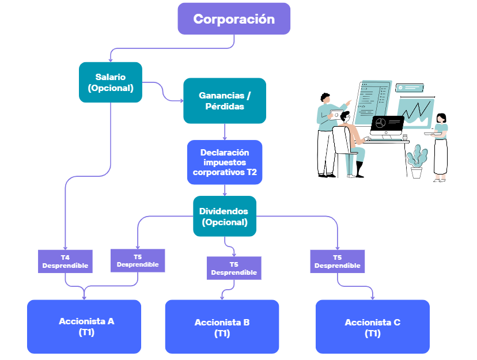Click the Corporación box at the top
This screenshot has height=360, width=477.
pyautogui.click(x=234, y=19)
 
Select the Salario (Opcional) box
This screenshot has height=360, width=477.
pyautogui.click(x=111, y=82)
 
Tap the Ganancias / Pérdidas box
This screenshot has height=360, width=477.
pyautogui.click(x=225, y=101)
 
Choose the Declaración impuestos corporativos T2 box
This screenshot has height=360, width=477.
pyautogui.click(x=225, y=162)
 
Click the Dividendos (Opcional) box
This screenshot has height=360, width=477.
pyautogui.click(x=225, y=216)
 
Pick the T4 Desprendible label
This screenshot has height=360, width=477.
pyautogui.click(x=65, y=262)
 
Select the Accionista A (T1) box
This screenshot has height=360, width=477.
pyautogui.click(x=84, y=327)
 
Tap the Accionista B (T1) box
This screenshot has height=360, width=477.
pyautogui.click(x=222, y=327)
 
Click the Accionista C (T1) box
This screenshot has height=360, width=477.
pyautogui.click(x=373, y=327)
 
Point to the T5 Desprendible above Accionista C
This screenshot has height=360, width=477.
pyautogui.click(x=338, y=262)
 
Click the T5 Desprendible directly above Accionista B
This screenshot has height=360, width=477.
pyautogui.click(x=234, y=268)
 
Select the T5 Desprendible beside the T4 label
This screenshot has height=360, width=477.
pyautogui.click(x=138, y=260)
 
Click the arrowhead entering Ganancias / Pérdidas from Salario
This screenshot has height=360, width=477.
pyautogui.click(x=182, y=101)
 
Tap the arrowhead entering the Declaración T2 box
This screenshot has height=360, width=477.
pyautogui.click(x=225, y=138)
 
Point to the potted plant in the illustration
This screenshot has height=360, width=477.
pyautogui.click(x=417, y=162)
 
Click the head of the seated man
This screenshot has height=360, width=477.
pyautogui.click(x=345, y=117)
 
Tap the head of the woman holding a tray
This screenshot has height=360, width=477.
pyautogui.click(x=441, y=118)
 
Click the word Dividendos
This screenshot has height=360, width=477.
pyautogui.click(x=224, y=211)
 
